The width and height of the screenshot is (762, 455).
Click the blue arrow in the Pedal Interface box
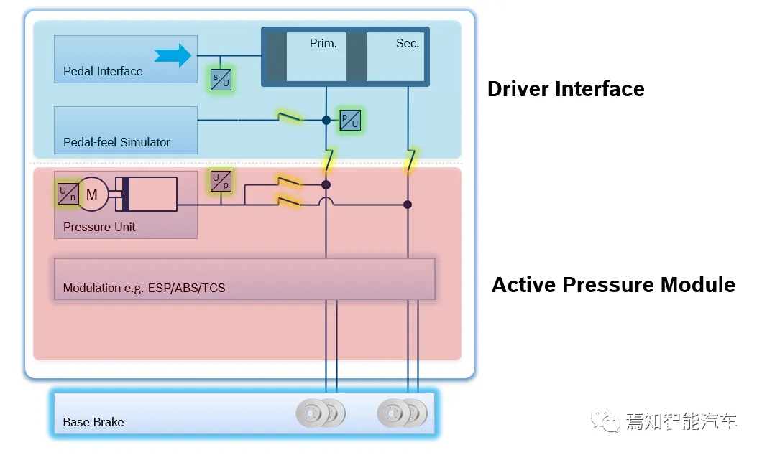coord(174,55)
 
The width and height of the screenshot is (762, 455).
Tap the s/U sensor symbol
coord(221,80)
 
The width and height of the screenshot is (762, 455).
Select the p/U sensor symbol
coord(350,120)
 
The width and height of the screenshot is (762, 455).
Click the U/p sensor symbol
coord(221,181)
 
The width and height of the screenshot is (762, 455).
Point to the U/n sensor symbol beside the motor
coord(68,194)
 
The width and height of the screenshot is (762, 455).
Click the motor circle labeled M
coord(92,194)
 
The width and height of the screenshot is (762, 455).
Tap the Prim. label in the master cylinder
coord(323,43)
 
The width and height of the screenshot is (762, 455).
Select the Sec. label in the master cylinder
coord(408,43)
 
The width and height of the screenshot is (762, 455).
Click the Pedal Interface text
coord(103,71)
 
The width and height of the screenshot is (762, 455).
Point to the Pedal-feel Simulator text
coord(116,142)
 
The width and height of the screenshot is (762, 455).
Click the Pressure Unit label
coord(99,227)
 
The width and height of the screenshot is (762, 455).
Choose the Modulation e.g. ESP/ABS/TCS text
coord(144,288)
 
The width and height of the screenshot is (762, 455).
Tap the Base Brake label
coord(93,422)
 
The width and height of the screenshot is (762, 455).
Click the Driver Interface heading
coord(566,89)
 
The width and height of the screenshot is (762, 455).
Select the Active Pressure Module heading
coord(613,285)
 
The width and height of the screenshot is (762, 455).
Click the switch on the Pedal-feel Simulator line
coord(289,117)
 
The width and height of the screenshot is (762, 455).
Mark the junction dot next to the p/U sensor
coord(326,120)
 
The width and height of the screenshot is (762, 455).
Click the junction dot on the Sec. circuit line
coord(408,205)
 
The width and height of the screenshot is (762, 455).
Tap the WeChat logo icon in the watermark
coord(605,421)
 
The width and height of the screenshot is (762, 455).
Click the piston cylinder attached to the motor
coord(146,194)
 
